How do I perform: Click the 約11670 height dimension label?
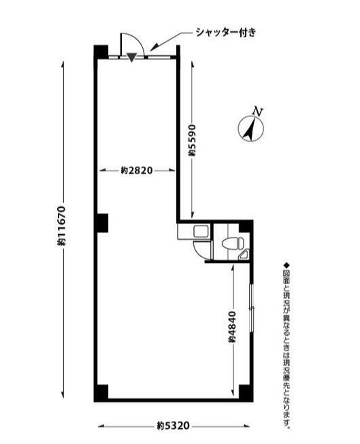pyautogui.click(x=61, y=225)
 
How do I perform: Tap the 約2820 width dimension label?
pyautogui.click(x=137, y=170)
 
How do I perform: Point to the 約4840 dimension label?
pyautogui.click(x=232, y=326)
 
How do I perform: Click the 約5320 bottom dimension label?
pyautogui.click(x=174, y=426)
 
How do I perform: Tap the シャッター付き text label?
pyautogui.click(x=226, y=33)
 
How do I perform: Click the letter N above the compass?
pyautogui.click(x=258, y=111)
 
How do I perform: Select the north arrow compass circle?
pyautogui.click(x=250, y=129)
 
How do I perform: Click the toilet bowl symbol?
pyautogui.click(x=233, y=243)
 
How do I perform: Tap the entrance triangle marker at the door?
pyautogui.click(x=131, y=57)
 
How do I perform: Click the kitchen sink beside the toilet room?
pyautogui.click(x=201, y=232)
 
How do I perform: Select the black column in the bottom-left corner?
pyautogui.click(x=101, y=393)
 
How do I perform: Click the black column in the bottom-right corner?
pyautogui.click(x=246, y=393)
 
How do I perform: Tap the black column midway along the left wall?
pyautogui.click(x=101, y=223)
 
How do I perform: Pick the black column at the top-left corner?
pyautogui.click(x=101, y=52)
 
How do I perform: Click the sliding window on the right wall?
pyautogui.click(x=251, y=307)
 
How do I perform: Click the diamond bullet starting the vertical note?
pyautogui.click(x=286, y=266)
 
